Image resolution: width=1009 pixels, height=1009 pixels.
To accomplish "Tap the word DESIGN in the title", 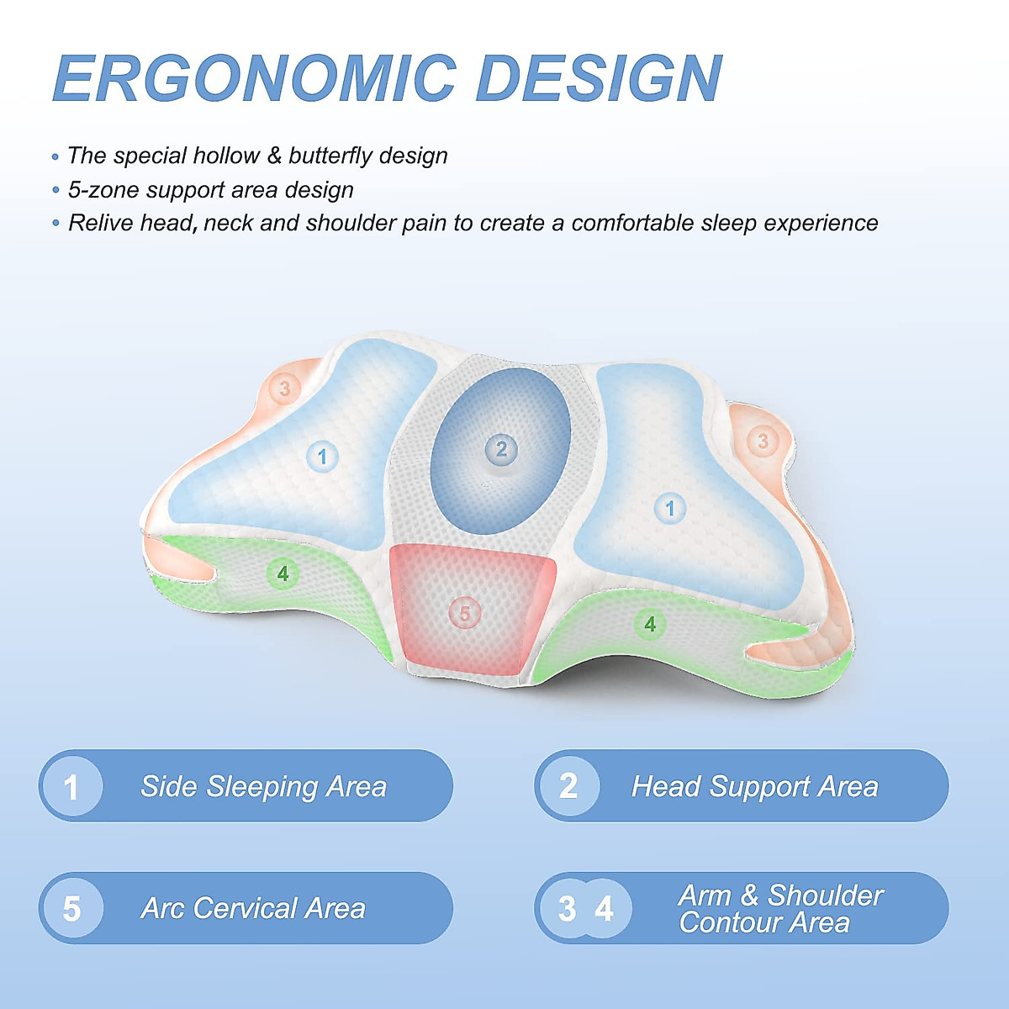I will coord(599,78).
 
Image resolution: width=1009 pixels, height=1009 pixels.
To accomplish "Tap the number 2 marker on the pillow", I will coord(501,449).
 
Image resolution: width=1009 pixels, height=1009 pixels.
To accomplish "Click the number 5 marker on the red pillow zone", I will coord(465,613).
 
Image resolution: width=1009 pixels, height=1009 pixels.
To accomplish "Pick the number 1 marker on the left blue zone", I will coord(322,457).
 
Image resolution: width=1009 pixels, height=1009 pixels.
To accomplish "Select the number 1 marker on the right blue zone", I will coord(670,508).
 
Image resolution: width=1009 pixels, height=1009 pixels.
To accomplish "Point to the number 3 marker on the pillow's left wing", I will coord(285,388).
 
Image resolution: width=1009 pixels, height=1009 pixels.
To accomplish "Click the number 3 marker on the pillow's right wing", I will coord(763,441).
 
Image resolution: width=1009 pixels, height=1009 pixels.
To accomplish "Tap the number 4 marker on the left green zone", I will coord(283,573).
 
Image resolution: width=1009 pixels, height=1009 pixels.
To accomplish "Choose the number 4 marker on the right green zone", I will coord(650,624).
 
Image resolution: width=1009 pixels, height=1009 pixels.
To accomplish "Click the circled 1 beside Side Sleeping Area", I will coord(71,787).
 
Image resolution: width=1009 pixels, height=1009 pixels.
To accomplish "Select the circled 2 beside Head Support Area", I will coord(568,786).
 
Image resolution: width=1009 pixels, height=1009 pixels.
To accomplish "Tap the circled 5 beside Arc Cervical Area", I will coord(71,909).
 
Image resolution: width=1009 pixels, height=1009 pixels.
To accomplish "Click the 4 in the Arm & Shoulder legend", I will coord(604,909).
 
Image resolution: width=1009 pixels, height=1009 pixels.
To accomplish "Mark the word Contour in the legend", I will coord(731,923).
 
